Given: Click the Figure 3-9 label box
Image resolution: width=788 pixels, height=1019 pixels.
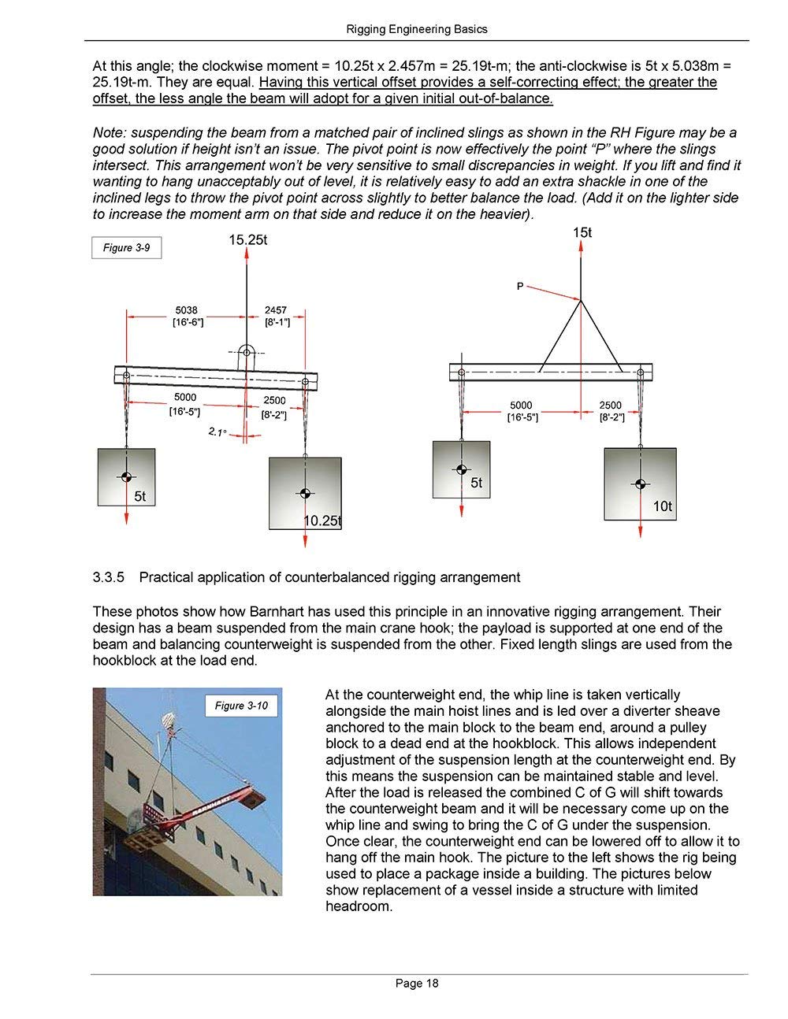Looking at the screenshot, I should pyautogui.click(x=126, y=248).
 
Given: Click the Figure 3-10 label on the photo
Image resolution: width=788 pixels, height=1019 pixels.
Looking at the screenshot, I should pyautogui.click(x=241, y=706).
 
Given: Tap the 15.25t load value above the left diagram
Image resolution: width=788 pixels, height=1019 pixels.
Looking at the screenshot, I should pyautogui.click(x=247, y=239).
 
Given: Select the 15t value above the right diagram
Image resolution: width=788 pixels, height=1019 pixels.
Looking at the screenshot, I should pyautogui.click(x=582, y=232).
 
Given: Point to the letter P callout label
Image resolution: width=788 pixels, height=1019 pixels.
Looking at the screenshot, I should pyautogui.click(x=520, y=287).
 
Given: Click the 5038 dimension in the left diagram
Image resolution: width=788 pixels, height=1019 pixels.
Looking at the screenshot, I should pyautogui.click(x=187, y=311).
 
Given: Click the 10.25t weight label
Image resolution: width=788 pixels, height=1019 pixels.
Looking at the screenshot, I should pyautogui.click(x=323, y=521).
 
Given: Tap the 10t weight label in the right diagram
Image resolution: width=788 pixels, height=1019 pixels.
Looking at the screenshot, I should pyautogui.click(x=663, y=506).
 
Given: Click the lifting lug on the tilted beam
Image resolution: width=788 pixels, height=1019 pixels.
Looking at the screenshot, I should pyautogui.click(x=247, y=353).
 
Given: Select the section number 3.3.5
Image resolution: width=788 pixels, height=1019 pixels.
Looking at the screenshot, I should pyautogui.click(x=110, y=578).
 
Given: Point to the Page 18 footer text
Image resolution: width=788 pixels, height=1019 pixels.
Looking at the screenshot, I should pyautogui.click(x=417, y=983).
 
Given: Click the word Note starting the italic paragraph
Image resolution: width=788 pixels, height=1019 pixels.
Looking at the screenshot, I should pyautogui.click(x=109, y=132).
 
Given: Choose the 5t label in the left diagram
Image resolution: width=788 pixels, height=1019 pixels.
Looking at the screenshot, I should pyautogui.click(x=139, y=496).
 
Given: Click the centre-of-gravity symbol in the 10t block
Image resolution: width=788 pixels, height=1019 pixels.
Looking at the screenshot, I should pyautogui.click(x=641, y=484).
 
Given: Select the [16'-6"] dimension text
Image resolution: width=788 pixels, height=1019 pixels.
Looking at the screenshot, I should pyautogui.click(x=188, y=322).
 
